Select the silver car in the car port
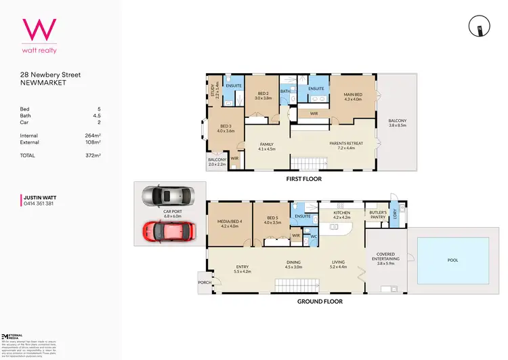tap(167, 197)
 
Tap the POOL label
tap(452, 259)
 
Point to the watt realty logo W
tap(40, 30)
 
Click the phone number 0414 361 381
tap(39, 203)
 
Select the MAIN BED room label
tap(353, 96)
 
